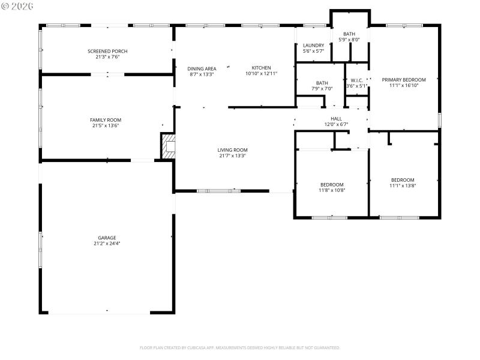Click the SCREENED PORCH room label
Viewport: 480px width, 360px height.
click(107, 52)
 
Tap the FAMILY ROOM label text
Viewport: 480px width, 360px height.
click(106, 120)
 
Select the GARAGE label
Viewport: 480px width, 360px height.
click(107, 238)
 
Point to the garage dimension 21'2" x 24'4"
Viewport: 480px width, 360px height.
click(107, 244)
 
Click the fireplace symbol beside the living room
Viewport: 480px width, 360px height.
click(169, 146)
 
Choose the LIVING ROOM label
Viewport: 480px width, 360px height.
click(232, 150)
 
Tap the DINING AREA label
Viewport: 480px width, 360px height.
click(202, 68)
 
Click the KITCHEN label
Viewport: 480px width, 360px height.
click(261, 68)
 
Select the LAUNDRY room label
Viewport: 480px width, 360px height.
click(313, 46)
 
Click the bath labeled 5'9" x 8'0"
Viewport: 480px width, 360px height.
click(349, 40)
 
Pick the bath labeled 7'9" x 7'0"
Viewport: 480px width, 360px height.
click(322, 89)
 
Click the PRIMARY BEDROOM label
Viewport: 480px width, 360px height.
click(403, 80)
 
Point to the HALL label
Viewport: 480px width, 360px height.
click(336, 119)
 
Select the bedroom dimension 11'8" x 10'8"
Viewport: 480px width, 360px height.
click(332, 190)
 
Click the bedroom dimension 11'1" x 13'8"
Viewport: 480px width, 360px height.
click(403, 186)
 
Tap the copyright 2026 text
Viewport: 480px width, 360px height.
click(17, 5)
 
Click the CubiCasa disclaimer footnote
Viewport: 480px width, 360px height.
click(240, 347)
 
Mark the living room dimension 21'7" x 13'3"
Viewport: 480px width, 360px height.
click(232, 156)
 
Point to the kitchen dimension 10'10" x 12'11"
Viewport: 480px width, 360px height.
click(261, 74)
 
